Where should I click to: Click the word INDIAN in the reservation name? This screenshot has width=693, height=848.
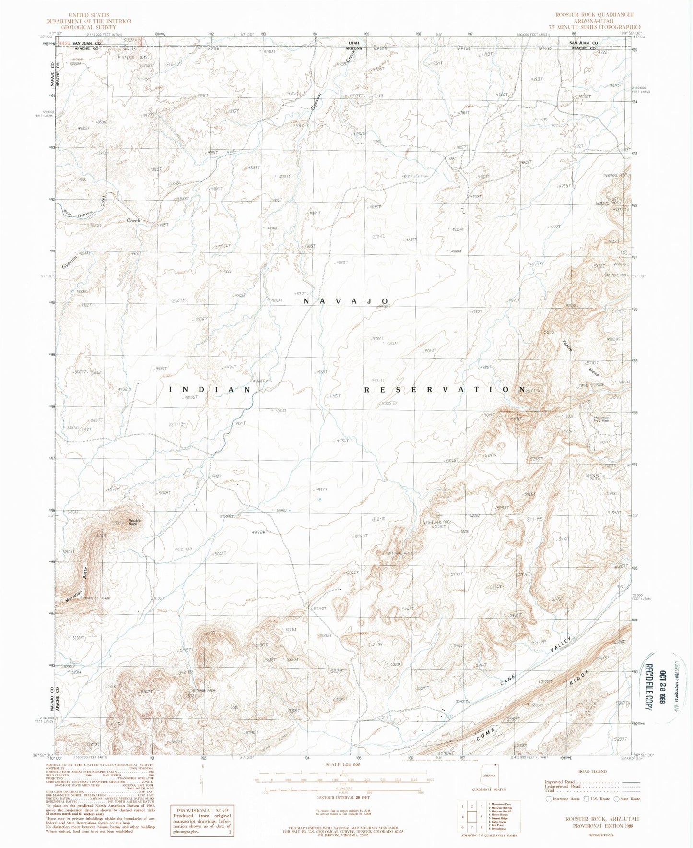[x=211, y=390]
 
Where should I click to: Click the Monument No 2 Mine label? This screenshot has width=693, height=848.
[x=597, y=420]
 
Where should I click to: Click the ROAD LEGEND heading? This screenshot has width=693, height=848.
[x=592, y=771]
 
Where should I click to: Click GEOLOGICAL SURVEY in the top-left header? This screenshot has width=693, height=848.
[x=88, y=27]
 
